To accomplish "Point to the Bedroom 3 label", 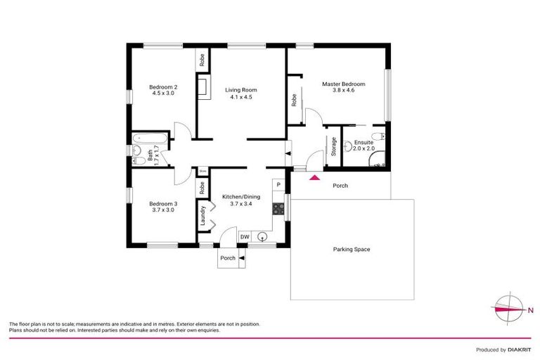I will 164,207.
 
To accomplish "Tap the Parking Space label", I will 352,250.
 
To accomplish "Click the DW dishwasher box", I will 245,237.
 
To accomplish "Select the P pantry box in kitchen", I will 278,185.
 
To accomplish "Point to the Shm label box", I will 202,170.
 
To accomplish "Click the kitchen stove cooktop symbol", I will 278,208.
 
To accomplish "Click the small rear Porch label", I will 228,258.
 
